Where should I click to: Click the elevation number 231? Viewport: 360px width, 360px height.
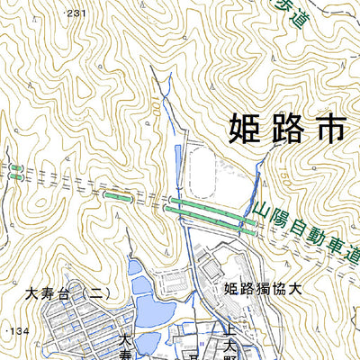pos(77,13)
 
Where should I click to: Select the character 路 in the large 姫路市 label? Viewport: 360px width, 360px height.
pos(283,127)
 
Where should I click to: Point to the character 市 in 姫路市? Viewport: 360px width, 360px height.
pos(328,127)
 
